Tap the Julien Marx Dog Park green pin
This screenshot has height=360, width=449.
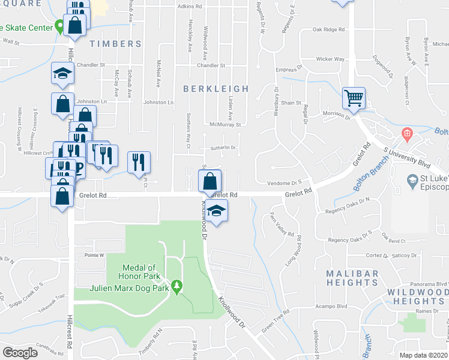point(176,287)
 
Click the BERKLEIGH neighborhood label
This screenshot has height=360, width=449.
point(215,89)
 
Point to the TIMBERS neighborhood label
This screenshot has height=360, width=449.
point(115,44)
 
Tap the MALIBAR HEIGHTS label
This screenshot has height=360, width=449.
point(352,278)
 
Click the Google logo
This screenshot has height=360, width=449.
point(20,352)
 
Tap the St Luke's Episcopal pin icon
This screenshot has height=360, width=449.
point(412,180)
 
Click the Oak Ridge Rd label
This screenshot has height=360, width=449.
point(328,29)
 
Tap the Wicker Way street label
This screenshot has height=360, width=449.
point(331,59)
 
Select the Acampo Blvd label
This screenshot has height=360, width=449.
point(331,305)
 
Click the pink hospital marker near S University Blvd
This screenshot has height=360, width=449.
point(407,133)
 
